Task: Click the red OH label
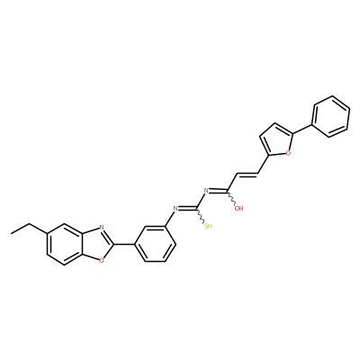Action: coord(238,208)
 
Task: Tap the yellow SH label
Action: coord(208,226)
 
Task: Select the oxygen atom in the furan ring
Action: coord(288,153)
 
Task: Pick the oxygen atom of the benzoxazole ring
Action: coord(102,260)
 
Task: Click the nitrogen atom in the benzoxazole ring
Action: coord(102,227)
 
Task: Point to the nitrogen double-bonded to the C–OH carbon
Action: coord(206,190)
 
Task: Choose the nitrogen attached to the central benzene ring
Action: coord(175,208)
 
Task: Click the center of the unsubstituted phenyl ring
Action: coord(331,117)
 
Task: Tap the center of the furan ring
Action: coord(276,139)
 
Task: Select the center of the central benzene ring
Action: coord(155,244)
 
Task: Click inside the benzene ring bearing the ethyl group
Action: coord(64,244)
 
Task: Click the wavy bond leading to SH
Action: coord(201,216)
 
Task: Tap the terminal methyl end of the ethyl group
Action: coord(11,233)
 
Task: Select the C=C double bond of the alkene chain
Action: coord(247,174)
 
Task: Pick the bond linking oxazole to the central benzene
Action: coord(124,244)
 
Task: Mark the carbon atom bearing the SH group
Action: coord(197,208)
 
